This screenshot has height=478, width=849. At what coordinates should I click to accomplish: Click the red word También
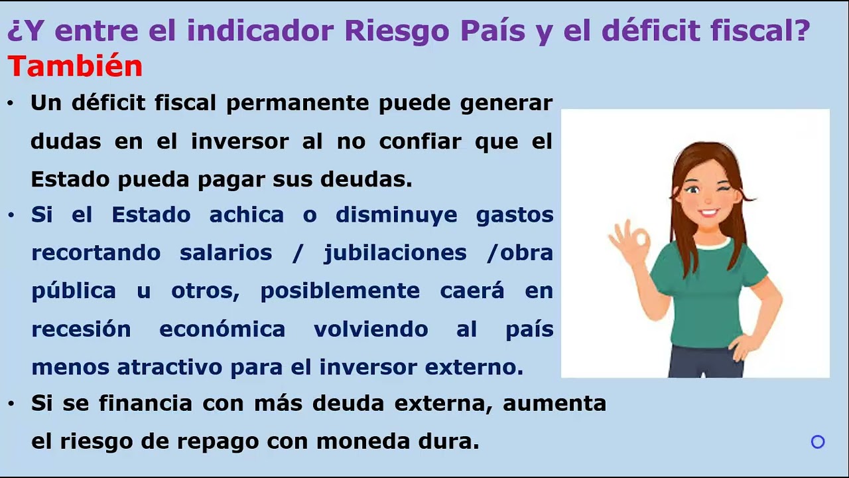(75, 66)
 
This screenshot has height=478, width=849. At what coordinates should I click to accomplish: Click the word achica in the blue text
(246, 215)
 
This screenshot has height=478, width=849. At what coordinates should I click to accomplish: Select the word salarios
(226, 253)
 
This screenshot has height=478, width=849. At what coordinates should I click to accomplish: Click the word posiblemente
(340, 291)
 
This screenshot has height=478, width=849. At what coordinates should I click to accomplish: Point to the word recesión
(81, 329)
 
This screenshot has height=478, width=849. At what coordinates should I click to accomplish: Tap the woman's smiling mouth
(708, 214)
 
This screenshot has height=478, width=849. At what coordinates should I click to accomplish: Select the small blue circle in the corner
(818, 441)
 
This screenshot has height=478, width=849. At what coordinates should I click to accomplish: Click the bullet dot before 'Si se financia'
(11, 404)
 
